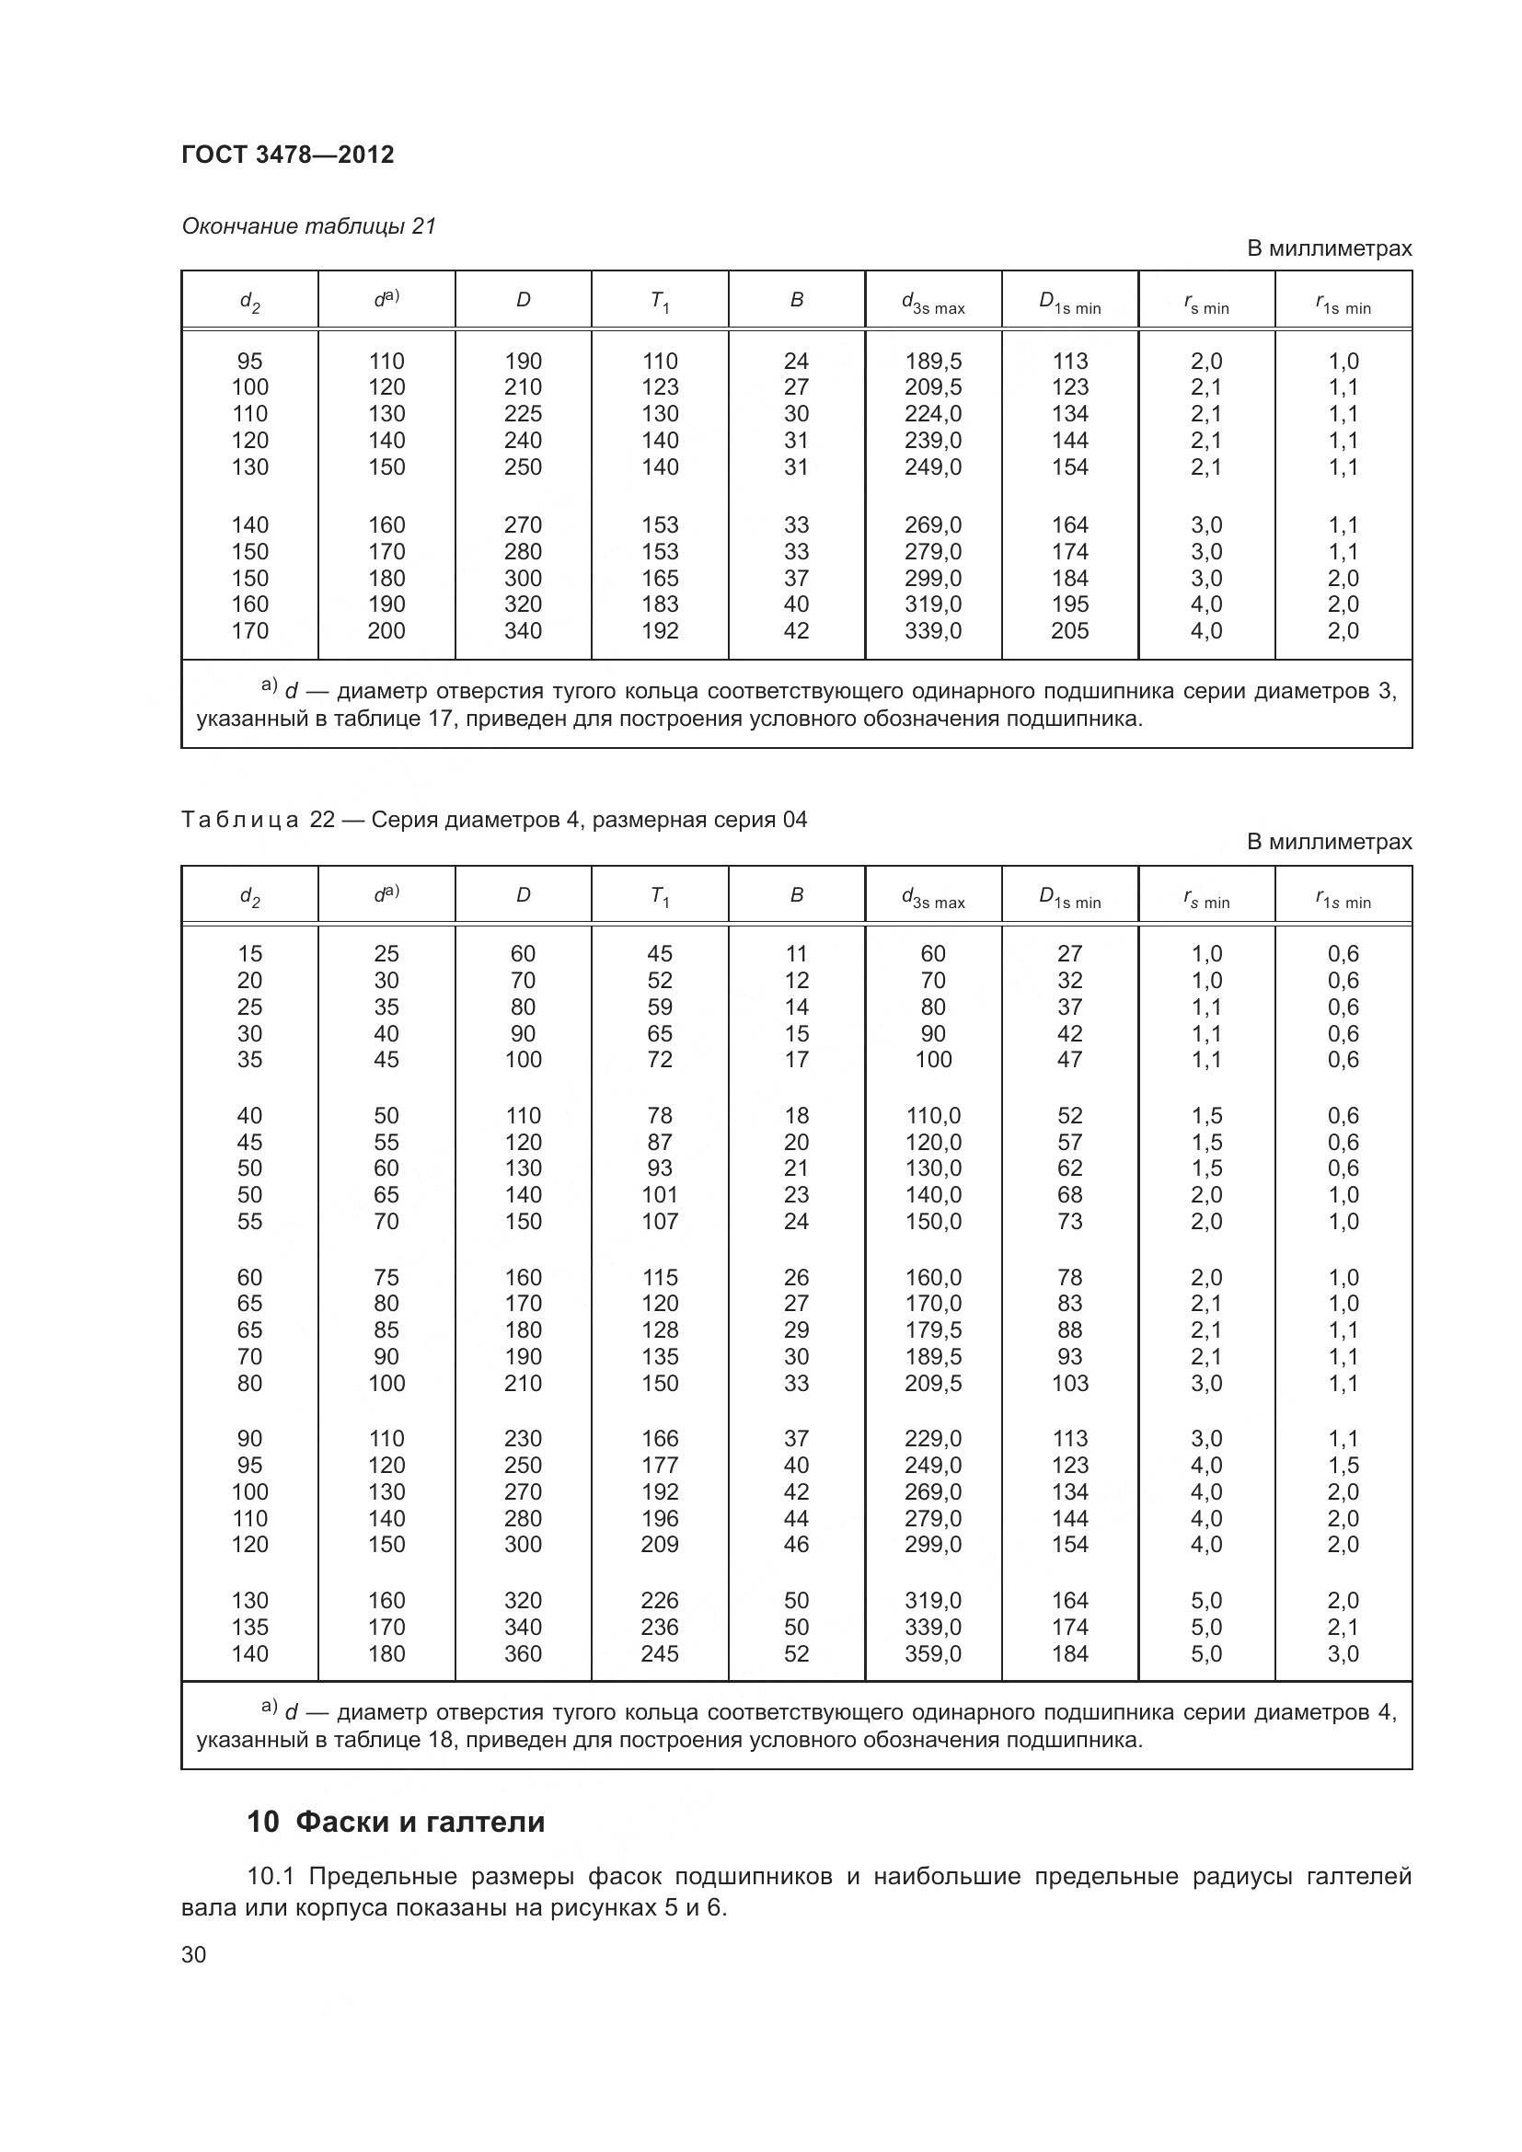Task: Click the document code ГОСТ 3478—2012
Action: point(288,155)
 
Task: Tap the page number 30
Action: point(193,1954)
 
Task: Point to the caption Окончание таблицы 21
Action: point(308,226)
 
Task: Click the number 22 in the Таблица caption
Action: point(322,819)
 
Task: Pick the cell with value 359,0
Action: point(932,1653)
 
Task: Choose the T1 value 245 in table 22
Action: point(660,1653)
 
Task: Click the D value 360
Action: point(523,1653)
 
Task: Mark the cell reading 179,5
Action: point(932,1330)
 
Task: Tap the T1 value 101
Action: point(660,1194)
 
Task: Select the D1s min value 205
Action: point(1069,631)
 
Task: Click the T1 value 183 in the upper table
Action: point(660,604)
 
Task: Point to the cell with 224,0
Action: point(932,413)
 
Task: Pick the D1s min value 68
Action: point(1069,1194)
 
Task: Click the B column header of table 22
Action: point(797,895)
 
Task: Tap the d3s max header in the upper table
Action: point(932,302)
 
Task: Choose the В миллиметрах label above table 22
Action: point(1328,842)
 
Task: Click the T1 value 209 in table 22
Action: point(660,1544)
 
